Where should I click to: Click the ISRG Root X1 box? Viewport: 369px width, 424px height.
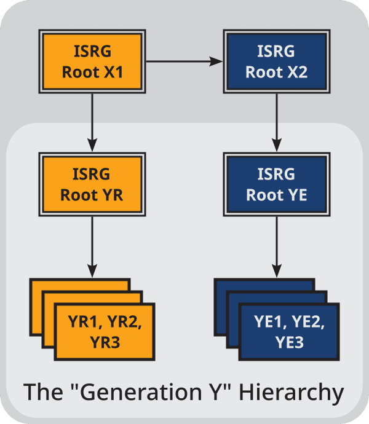(x=92, y=61)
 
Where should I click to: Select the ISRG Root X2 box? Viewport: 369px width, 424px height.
(x=276, y=61)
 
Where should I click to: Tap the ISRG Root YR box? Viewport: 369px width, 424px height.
(x=92, y=184)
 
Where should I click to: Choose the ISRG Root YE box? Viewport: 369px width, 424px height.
(x=276, y=184)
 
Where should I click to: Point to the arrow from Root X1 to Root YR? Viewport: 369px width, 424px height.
(x=92, y=120)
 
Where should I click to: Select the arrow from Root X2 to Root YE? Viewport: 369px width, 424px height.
(x=276, y=120)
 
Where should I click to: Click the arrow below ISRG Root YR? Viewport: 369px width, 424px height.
(x=92, y=246)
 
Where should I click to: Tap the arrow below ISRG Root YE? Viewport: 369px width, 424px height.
(x=276, y=246)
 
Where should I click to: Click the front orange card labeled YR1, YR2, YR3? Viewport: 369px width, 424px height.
(x=104, y=332)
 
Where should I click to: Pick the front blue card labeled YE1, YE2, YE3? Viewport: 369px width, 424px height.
(x=288, y=332)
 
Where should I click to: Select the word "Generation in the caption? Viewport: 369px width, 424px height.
(x=154, y=392)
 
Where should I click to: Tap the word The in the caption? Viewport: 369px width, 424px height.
(x=42, y=392)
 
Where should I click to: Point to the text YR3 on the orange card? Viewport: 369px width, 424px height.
(x=104, y=343)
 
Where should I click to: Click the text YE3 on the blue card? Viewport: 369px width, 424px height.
(x=288, y=343)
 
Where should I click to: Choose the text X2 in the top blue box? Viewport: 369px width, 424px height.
(x=298, y=72)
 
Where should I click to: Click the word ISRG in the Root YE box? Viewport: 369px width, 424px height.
(x=276, y=175)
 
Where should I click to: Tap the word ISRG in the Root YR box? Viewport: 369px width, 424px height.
(x=92, y=175)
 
